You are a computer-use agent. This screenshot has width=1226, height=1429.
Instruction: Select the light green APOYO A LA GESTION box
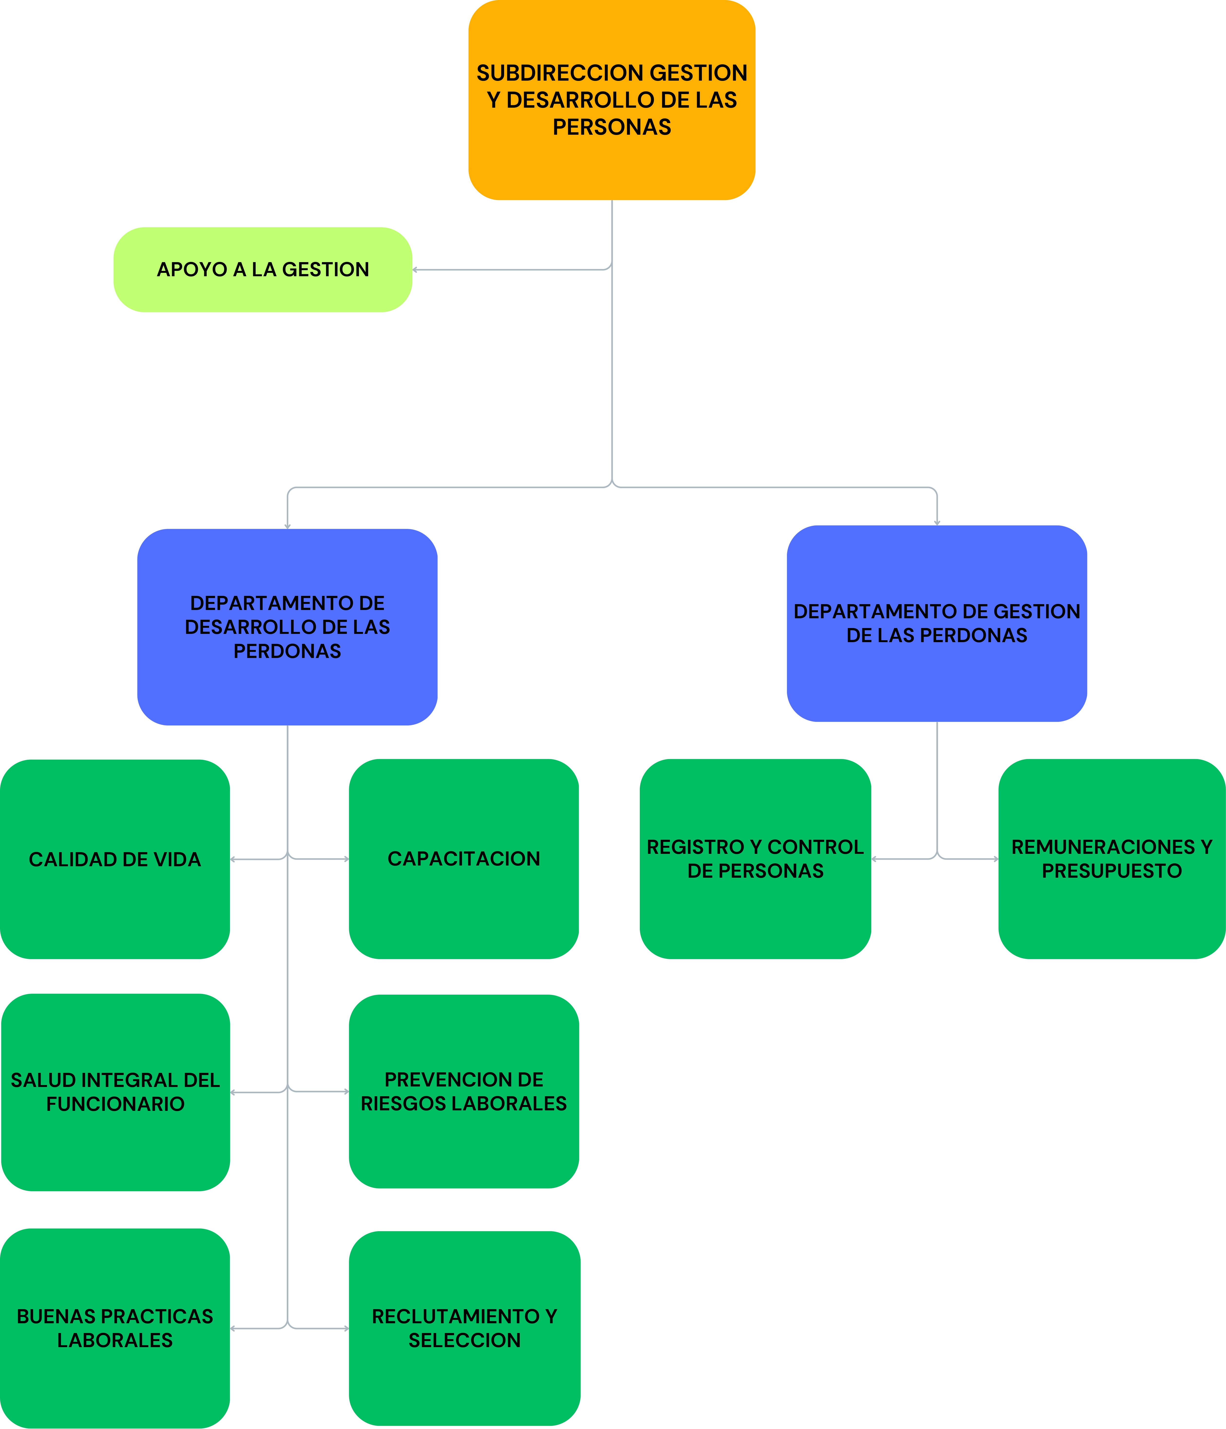(x=263, y=270)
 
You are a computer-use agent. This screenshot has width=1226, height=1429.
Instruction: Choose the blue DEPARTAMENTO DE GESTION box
(x=937, y=623)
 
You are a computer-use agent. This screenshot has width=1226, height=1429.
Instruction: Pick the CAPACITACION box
(x=464, y=859)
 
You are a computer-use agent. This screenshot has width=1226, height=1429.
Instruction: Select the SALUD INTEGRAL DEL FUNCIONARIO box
(x=115, y=1092)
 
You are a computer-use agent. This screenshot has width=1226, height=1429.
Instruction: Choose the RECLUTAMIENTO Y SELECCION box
(x=464, y=1328)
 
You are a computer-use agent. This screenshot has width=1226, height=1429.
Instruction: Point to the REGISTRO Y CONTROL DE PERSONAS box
(x=756, y=859)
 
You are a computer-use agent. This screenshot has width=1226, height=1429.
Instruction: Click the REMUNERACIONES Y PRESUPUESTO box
(x=1112, y=859)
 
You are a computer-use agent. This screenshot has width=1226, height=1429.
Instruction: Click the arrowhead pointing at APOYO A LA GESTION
(x=415, y=270)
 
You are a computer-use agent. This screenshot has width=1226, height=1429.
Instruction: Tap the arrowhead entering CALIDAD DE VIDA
(x=232, y=859)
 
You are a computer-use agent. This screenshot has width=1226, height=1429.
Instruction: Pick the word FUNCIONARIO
(x=115, y=1104)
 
